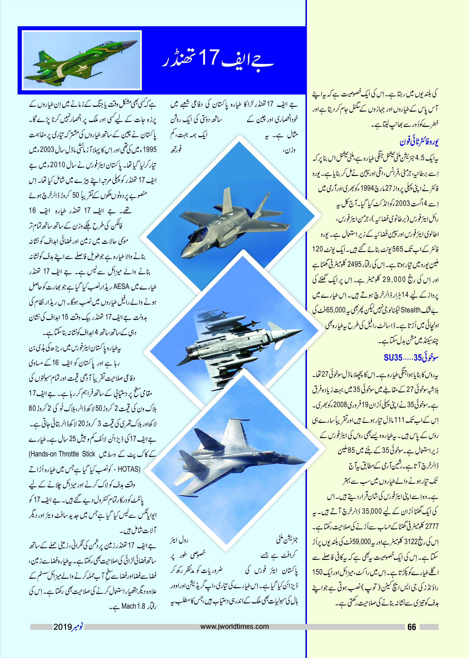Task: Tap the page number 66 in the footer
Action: pos(412,627)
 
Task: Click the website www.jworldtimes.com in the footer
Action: pos(234,627)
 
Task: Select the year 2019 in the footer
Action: pos(62,627)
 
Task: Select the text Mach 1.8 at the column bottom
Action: pos(133,606)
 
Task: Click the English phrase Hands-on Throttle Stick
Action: pos(62,454)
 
